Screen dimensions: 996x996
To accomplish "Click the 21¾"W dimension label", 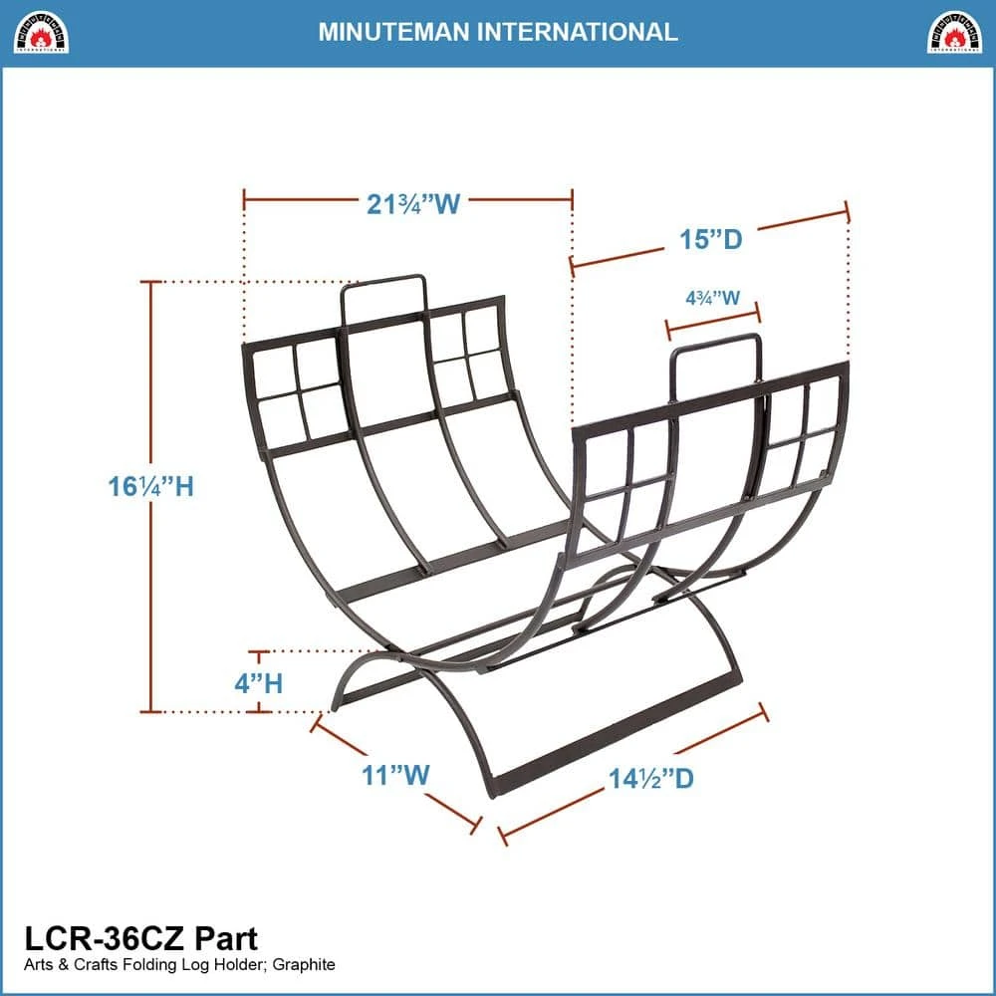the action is point(413,204).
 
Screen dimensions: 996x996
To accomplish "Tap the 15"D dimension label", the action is point(711,239).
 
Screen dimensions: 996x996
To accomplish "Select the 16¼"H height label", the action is point(150,487).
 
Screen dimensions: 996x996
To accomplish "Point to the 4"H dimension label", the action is point(259,683).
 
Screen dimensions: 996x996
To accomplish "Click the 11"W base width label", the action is point(395,775).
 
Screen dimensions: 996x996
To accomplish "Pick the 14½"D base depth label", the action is point(651,778).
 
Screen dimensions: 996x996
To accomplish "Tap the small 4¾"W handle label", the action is point(713,297).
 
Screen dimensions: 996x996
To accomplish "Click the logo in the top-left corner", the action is point(41,32).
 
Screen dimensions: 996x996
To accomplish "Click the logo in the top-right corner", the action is point(954,32).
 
